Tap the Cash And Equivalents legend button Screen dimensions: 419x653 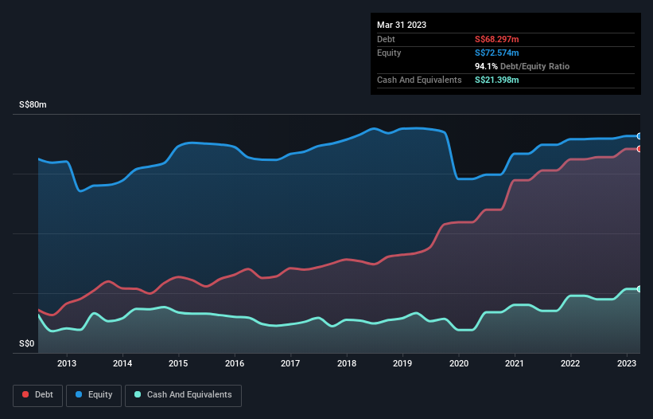pos(183,394)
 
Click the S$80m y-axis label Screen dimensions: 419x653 pos(33,105)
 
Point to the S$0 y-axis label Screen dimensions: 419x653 pos(27,344)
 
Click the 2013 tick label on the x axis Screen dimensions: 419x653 pos(67,363)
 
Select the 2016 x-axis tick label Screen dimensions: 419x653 pos(235,363)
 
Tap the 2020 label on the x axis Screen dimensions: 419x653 pos(459,363)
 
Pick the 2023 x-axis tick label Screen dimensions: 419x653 pos(627,363)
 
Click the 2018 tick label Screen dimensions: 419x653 pos(347,363)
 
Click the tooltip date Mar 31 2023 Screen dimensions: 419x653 pos(402,25)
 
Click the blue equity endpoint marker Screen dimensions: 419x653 pos(639,136)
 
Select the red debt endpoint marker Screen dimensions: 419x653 pos(639,149)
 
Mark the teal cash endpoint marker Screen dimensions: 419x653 pos(639,289)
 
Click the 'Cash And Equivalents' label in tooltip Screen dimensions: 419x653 pos(419,80)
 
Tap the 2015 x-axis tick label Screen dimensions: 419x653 pos(179,363)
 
